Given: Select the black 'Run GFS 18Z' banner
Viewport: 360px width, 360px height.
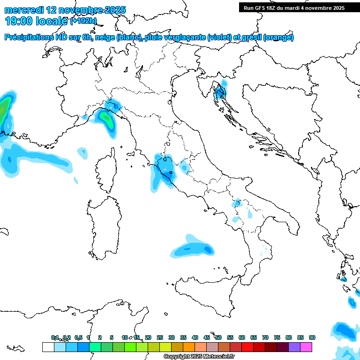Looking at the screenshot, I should pos(294,7).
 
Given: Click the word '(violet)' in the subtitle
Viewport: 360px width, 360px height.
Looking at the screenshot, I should pos(221,37).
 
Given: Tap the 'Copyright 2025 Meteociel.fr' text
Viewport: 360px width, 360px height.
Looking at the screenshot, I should pos(199,357).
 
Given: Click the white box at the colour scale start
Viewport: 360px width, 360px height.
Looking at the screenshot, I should pos(47,347).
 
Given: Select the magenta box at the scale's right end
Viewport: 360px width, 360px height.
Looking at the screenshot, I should pos(307,347).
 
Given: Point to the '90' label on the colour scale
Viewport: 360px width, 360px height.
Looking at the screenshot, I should pos(312,337).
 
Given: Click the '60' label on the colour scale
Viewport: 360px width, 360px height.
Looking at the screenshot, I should pos(242,337).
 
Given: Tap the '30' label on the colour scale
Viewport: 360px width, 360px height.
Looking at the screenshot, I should pos(172,337).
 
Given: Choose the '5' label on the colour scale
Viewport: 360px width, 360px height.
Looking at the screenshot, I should pos(112,337).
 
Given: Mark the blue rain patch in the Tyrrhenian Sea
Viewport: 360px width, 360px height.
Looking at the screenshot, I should pos(192,248).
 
